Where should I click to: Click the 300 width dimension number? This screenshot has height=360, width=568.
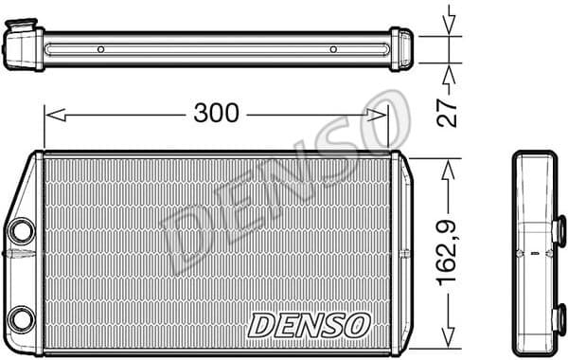(216, 114)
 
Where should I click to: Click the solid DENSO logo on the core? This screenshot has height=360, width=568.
(308, 324)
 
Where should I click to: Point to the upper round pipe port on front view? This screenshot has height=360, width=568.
(21, 230)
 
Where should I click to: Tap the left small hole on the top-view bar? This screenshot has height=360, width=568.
(100, 49)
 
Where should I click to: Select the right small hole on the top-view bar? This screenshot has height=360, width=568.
(333, 49)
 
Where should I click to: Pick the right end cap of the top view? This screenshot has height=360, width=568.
(401, 47)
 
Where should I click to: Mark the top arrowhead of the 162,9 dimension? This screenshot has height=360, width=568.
(450, 165)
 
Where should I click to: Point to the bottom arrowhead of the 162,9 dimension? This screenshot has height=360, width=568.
(450, 339)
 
